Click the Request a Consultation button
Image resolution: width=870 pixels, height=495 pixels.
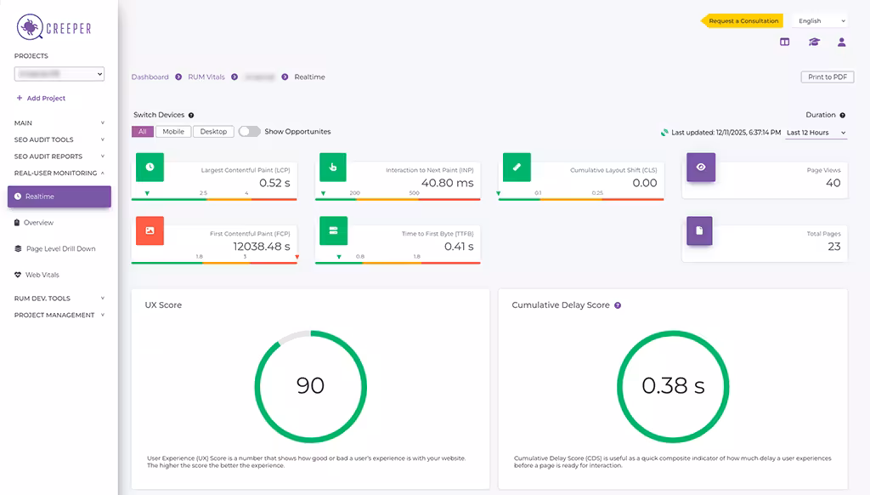pos(743,20)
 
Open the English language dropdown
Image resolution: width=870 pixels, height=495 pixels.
pos(819,20)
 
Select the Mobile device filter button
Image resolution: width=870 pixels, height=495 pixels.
pos(173,132)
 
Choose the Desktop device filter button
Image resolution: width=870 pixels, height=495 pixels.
pos(213,132)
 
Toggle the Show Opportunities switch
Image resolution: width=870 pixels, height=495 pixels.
pos(249,132)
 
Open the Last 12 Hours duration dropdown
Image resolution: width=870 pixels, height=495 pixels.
pos(816,133)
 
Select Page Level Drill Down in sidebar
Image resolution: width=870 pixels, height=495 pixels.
pos(60,249)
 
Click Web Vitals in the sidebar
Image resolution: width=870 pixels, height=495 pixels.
pos(42,275)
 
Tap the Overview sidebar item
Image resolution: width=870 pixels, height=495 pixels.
pos(38,223)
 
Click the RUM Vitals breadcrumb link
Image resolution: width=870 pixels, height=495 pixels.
pos(206,77)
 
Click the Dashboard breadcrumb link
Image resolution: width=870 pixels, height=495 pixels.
pos(150,77)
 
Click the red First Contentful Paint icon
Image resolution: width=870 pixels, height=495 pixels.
pos(150,230)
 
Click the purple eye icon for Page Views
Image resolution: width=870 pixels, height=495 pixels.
pos(701,168)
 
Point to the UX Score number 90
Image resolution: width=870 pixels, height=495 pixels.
pos(310,385)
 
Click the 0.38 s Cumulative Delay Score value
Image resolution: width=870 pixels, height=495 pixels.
pos(673,385)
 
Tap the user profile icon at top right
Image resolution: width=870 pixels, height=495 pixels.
pos(841,42)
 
